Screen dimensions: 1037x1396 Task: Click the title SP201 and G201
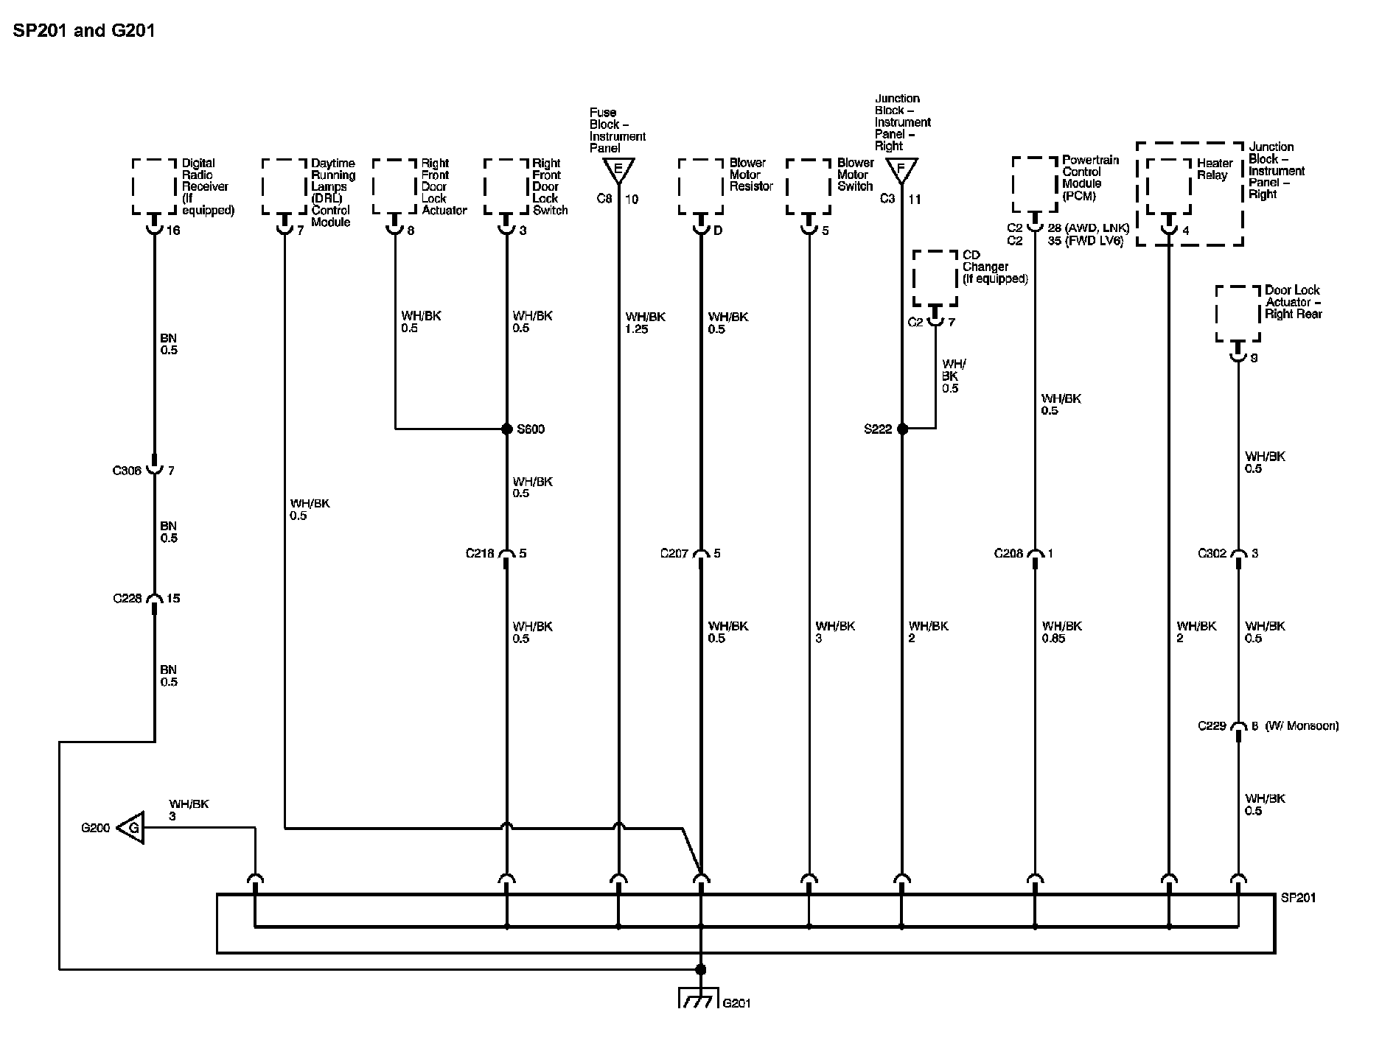(x=84, y=31)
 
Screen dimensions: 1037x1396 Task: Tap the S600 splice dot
(x=506, y=429)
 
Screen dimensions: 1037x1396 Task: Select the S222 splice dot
(x=902, y=429)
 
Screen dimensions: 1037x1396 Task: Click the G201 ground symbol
(x=698, y=998)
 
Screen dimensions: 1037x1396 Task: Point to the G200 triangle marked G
(x=131, y=828)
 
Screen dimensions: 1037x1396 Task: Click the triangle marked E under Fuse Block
(x=618, y=170)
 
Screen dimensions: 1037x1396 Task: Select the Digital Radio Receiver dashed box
(x=155, y=186)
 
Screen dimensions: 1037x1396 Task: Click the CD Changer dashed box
(x=935, y=278)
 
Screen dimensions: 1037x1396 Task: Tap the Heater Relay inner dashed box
(x=1168, y=186)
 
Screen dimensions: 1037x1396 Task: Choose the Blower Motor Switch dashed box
(x=809, y=186)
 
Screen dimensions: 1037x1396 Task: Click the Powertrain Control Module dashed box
(x=1035, y=184)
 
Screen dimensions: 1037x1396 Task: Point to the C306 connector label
(x=127, y=471)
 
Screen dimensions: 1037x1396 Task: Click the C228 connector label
(x=127, y=599)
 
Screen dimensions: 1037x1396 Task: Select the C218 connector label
(x=480, y=554)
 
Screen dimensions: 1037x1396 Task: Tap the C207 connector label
(x=674, y=554)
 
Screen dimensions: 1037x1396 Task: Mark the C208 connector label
(x=1008, y=554)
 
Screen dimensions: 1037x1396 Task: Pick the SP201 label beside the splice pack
(x=1298, y=898)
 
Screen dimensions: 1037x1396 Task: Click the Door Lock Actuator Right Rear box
(x=1238, y=314)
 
